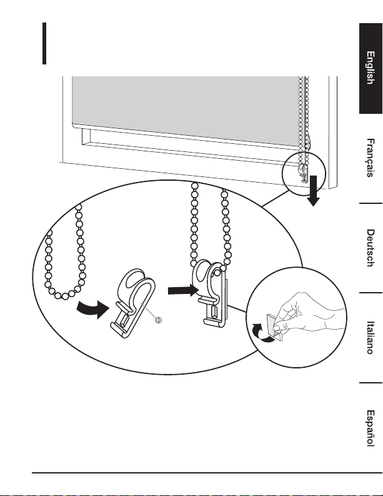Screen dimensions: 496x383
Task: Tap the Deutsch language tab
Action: [x=370, y=248]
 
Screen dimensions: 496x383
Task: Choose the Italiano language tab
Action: [x=370, y=338]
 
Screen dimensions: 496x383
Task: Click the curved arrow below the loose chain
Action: [x=90, y=308]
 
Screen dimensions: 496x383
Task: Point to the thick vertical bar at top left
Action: [x=44, y=43]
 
